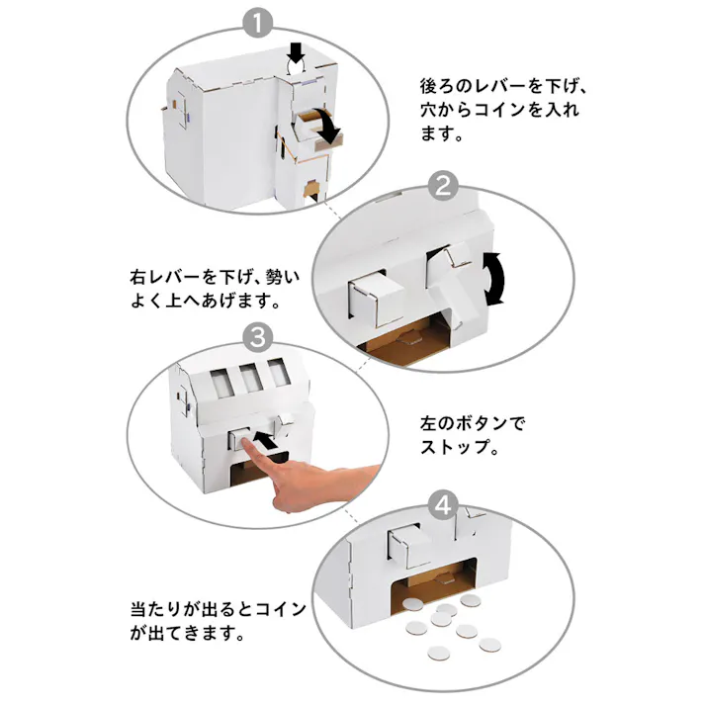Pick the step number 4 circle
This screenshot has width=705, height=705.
(x=445, y=507)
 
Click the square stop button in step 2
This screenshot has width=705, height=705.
(x=368, y=297)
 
